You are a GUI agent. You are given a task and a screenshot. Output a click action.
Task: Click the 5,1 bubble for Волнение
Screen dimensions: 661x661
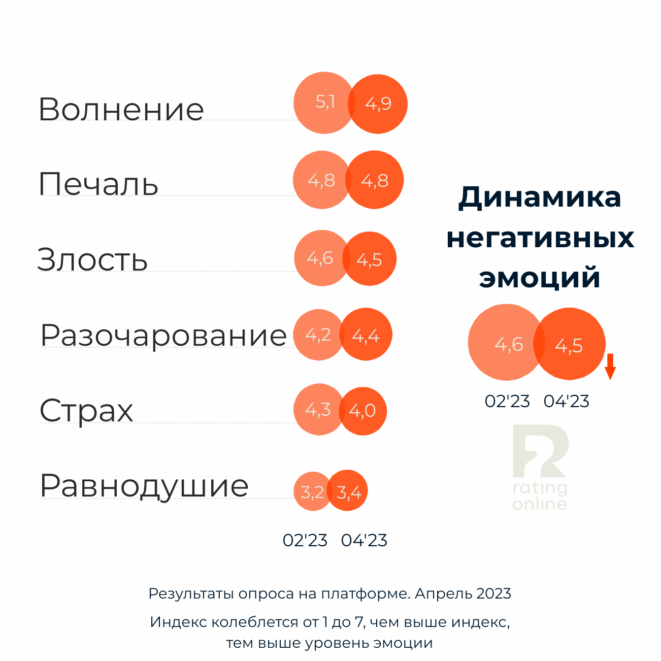point(324,103)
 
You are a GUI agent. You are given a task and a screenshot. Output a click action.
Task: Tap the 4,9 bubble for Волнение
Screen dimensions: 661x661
point(379,104)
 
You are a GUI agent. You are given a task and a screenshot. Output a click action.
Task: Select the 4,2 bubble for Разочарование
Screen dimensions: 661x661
point(318,335)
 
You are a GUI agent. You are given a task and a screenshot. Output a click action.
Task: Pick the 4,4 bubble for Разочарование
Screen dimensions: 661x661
point(367,335)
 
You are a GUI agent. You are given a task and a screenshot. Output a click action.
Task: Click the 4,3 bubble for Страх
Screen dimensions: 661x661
point(318,410)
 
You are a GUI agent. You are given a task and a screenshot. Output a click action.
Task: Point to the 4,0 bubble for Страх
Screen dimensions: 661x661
point(363,411)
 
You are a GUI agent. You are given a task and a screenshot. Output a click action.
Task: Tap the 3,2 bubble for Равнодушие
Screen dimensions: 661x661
point(312,492)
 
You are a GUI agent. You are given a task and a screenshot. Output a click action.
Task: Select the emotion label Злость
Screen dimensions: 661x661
point(92,259)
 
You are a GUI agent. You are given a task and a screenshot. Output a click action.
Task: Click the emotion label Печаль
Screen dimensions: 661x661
point(98,184)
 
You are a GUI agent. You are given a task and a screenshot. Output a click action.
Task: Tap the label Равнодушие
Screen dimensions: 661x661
point(144,486)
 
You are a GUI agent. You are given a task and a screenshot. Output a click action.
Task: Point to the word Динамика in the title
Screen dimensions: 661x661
point(540,197)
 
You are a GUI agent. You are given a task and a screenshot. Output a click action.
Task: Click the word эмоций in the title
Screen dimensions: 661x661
point(540,278)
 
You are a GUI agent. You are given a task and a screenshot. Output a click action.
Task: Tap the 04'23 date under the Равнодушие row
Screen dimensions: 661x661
point(364,540)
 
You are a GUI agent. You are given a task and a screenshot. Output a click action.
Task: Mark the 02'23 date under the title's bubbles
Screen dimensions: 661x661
point(507,402)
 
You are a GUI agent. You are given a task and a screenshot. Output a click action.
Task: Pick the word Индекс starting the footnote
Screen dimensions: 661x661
point(178,622)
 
